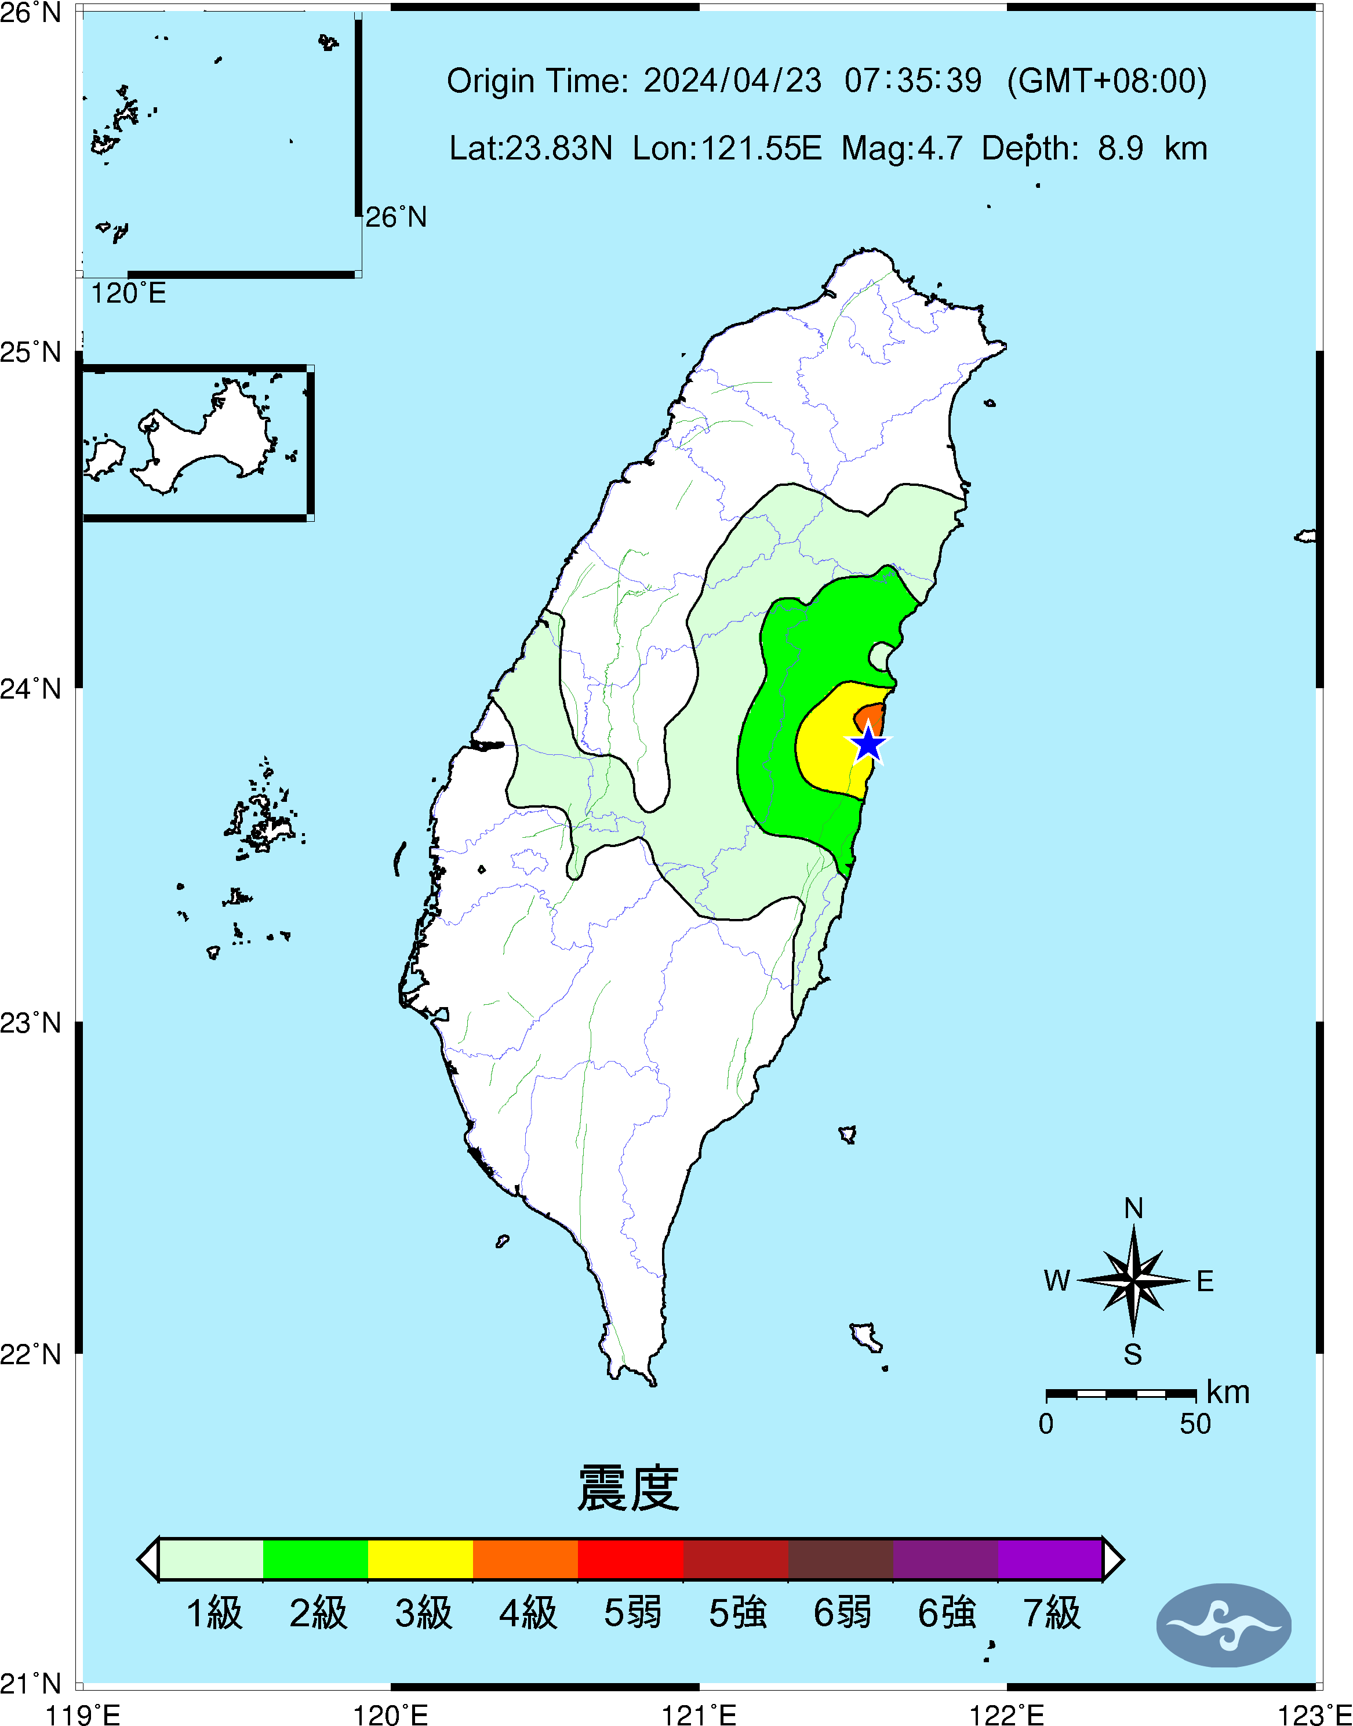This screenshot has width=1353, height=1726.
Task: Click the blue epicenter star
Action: tap(869, 744)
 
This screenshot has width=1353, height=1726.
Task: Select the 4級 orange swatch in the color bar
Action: tap(525, 1559)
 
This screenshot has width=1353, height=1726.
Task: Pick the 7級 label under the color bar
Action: tap(1051, 1614)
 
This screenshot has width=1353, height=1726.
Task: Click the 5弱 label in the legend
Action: tap(631, 1614)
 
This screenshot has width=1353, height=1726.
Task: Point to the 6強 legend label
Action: tap(946, 1614)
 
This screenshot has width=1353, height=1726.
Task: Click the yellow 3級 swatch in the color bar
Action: tap(421, 1559)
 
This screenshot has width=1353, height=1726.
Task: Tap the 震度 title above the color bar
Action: tap(628, 1488)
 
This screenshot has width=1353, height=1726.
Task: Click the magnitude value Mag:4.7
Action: tap(901, 148)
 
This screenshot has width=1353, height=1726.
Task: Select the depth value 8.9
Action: tap(1120, 148)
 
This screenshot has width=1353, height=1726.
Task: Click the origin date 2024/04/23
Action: tap(732, 81)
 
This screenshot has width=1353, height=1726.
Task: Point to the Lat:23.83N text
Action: tap(531, 148)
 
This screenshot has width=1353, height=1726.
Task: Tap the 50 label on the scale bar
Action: tap(1195, 1424)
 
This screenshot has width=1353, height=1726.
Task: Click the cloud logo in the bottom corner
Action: tap(1223, 1625)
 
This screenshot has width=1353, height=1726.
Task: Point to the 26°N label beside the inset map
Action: tap(395, 217)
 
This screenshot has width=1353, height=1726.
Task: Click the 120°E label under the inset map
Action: tap(128, 294)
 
